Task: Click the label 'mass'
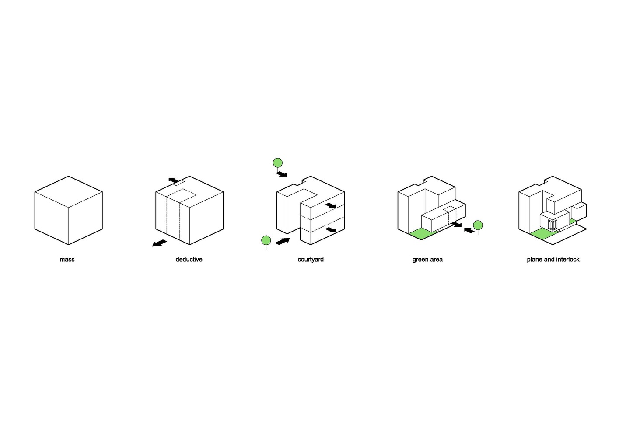point(67,260)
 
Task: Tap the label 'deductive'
point(189,260)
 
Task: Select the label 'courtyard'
point(311,260)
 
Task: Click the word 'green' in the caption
point(420,260)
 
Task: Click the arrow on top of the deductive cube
point(174,180)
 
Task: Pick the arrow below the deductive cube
point(159,243)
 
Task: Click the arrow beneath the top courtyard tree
point(281,174)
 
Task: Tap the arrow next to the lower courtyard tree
point(283,241)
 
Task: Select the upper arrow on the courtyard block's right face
point(331,205)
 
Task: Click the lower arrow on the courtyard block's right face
point(331,230)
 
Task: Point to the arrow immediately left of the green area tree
point(469,230)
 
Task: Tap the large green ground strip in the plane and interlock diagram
point(542,234)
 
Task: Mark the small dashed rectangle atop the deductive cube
point(179,183)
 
